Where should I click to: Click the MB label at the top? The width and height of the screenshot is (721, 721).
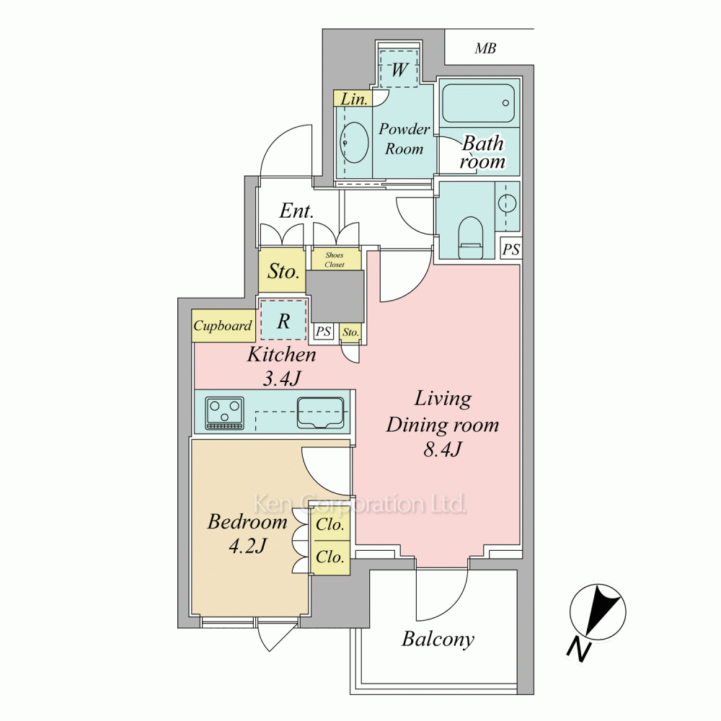click(485, 48)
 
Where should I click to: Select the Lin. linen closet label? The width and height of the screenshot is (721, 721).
click(353, 99)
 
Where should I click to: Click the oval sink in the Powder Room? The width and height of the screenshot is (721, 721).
click(355, 142)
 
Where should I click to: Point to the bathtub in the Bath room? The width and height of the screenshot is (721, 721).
click(478, 103)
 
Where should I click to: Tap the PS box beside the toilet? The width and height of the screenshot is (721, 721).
click(511, 249)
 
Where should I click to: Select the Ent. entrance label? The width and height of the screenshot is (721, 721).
click(296, 211)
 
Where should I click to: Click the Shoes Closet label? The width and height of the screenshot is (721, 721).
click(335, 260)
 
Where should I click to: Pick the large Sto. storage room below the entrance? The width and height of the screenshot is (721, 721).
click(283, 271)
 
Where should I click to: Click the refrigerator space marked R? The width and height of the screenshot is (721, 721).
click(283, 321)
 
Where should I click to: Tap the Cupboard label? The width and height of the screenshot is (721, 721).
click(223, 326)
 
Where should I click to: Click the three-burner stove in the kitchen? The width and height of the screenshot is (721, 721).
click(225, 412)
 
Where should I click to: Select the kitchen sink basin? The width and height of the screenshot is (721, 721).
click(321, 412)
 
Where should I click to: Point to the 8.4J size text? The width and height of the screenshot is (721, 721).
click(442, 449)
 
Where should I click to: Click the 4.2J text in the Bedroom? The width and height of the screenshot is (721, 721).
click(247, 547)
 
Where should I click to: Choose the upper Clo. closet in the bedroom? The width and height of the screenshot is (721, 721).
click(331, 523)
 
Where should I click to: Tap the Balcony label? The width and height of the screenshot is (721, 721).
click(438, 639)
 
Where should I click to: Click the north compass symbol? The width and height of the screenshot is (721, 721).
click(598, 612)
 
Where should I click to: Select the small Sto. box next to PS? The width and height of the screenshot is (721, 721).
click(350, 332)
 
